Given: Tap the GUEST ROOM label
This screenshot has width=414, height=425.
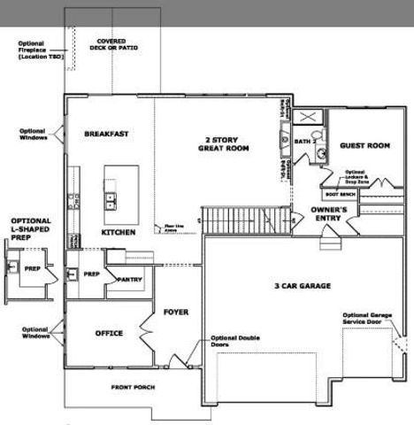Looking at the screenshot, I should [x=364, y=145].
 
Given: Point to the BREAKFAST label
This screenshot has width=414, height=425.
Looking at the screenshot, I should [x=106, y=134].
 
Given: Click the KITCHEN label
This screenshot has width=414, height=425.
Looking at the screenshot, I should [x=118, y=232].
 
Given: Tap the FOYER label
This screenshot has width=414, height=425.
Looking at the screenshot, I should [x=176, y=312].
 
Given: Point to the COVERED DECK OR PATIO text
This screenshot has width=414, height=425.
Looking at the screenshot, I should [x=112, y=44].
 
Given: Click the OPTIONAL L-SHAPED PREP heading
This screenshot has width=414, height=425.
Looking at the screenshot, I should [x=31, y=228].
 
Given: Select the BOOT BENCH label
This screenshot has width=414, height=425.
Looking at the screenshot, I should [x=340, y=192].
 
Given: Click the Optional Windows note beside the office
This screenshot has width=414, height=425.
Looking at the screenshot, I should [x=35, y=332].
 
